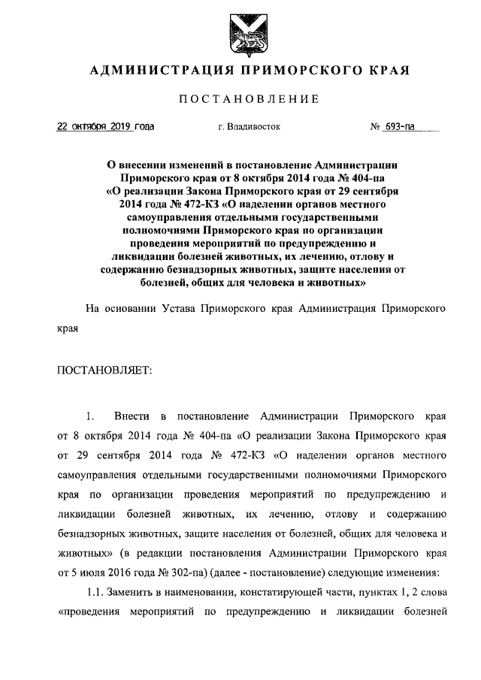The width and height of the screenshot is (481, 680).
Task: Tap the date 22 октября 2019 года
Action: (x=106, y=127)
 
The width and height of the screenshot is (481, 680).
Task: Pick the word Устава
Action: (x=178, y=308)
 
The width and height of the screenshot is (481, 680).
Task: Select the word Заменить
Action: (x=135, y=594)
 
